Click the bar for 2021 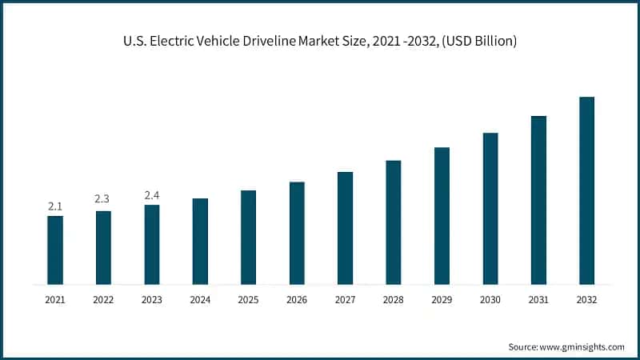55,250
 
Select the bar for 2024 200,241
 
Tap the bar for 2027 345,228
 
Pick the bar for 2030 490,208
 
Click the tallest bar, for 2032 586,190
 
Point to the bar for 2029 442,215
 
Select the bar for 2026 297,233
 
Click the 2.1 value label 55,206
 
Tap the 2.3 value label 103,198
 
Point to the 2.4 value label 152,194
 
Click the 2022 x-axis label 103,300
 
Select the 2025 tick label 248,300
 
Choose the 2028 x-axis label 393,300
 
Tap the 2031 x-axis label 538,300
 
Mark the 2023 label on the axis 152,300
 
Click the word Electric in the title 170,41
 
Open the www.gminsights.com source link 583,346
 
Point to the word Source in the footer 524,346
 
